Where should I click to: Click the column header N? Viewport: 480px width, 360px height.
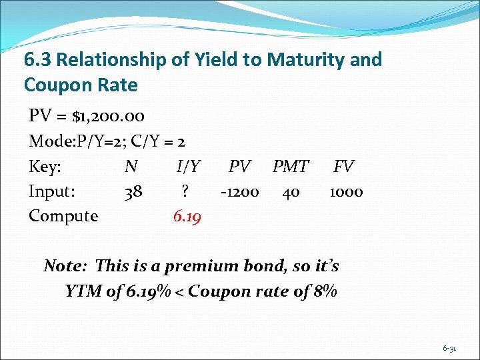(x=131, y=167)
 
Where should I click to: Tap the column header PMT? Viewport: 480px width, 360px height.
(x=291, y=167)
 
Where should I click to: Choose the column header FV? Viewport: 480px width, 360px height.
(x=344, y=167)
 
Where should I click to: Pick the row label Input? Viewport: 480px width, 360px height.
(x=52, y=192)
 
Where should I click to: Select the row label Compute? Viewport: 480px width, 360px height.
(x=63, y=217)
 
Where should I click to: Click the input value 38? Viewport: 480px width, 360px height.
(x=133, y=192)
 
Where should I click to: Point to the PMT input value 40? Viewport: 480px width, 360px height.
(x=291, y=192)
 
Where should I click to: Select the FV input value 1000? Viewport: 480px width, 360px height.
(x=346, y=192)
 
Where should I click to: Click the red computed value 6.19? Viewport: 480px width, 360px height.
(x=186, y=217)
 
